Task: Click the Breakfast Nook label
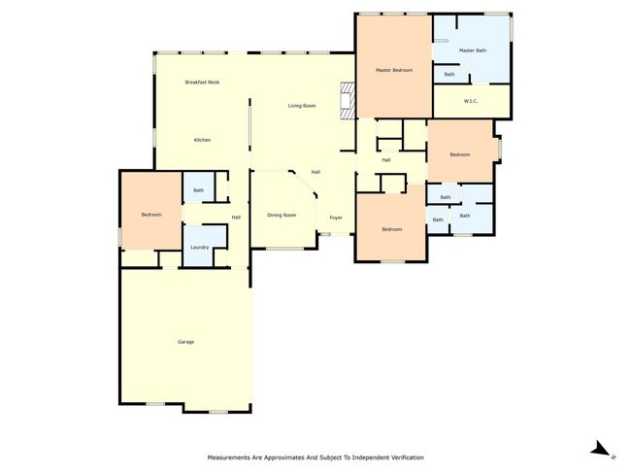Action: click(x=202, y=83)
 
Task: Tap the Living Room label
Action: click(x=302, y=106)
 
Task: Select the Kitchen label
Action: click(x=203, y=140)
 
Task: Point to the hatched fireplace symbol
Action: click(x=348, y=101)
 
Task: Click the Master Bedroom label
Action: click(x=394, y=70)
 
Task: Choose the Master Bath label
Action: click(x=473, y=51)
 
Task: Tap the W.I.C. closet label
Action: click(x=471, y=101)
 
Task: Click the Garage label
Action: click(x=186, y=342)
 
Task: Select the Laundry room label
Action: click(x=200, y=248)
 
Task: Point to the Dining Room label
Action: click(x=282, y=215)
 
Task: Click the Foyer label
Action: click(x=336, y=218)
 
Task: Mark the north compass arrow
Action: click(x=601, y=449)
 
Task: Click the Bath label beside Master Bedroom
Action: click(x=449, y=74)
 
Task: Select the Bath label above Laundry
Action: click(x=198, y=190)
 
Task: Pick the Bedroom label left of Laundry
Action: click(x=151, y=215)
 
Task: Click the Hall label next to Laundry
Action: click(x=236, y=218)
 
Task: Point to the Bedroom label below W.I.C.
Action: click(x=460, y=154)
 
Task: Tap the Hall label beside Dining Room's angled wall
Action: click(x=315, y=172)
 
